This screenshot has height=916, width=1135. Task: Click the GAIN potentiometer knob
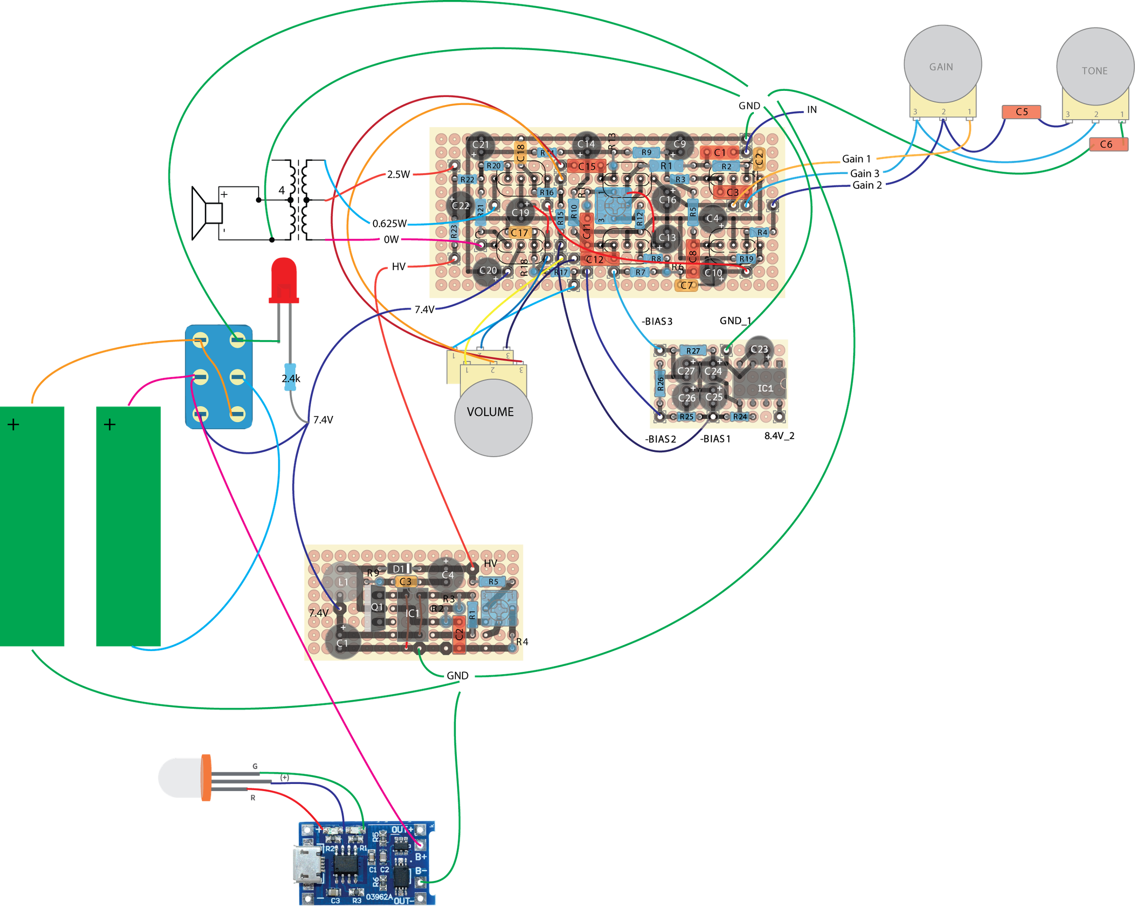click(x=942, y=63)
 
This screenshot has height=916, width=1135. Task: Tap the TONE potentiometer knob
click(x=1094, y=67)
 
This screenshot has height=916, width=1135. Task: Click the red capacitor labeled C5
click(x=1021, y=112)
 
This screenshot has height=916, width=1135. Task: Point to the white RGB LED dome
click(x=179, y=778)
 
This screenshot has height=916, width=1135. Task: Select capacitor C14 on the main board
click(x=585, y=144)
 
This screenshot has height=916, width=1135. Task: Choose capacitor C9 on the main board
click(x=679, y=143)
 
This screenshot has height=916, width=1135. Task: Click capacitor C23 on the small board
click(x=759, y=349)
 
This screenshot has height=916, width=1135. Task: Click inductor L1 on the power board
click(x=343, y=582)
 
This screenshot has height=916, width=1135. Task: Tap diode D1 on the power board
click(x=399, y=568)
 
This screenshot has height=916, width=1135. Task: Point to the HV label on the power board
click(x=490, y=564)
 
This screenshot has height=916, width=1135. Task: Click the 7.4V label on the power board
click(x=319, y=613)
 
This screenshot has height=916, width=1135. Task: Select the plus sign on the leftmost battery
click(x=13, y=424)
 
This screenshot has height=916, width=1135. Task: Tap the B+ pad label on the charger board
click(x=420, y=856)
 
